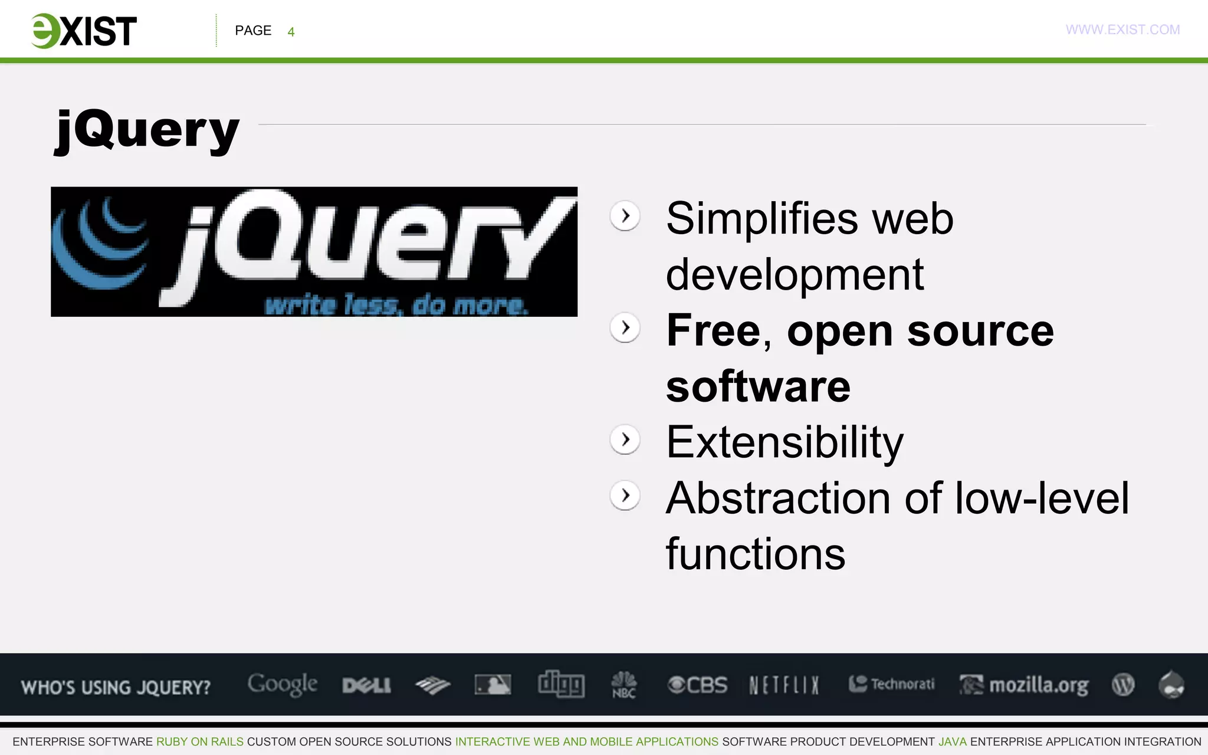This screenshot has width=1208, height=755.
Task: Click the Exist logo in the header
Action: tap(84, 31)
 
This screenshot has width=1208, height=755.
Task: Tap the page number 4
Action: tap(291, 32)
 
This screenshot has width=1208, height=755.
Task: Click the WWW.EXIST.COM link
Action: tap(1122, 29)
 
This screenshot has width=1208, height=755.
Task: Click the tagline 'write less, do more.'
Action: tap(396, 305)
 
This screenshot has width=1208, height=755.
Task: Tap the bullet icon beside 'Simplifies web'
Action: tap(625, 216)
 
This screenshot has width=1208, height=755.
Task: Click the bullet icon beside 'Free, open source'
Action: tap(625, 328)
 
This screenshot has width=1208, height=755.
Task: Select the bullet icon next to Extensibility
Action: tap(625, 439)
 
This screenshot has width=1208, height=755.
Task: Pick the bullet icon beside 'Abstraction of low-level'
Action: tap(625, 495)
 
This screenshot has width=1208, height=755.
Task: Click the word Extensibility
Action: tap(784, 442)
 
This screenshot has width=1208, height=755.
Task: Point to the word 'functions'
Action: tap(755, 554)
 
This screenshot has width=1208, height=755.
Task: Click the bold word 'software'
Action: tap(758, 386)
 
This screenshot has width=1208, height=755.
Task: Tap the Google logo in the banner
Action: tap(282, 684)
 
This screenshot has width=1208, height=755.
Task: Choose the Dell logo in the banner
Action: tap(366, 685)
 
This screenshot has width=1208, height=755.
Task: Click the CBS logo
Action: tap(697, 685)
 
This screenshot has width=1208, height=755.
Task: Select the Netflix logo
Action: tap(784, 685)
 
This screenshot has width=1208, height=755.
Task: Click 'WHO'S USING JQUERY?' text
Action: tap(116, 687)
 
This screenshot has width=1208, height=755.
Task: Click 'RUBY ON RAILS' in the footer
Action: tap(199, 741)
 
